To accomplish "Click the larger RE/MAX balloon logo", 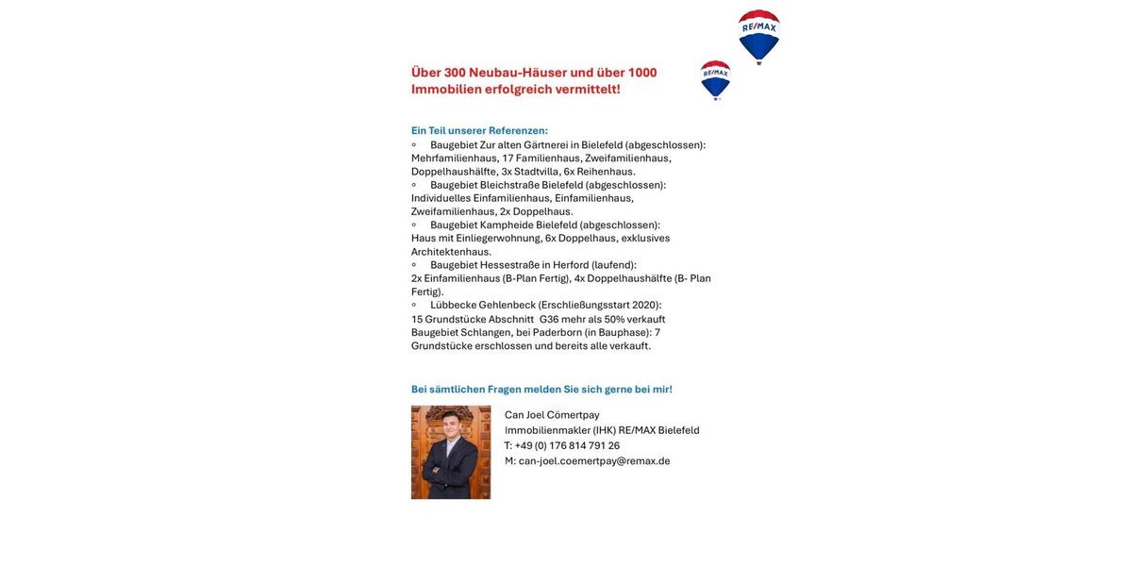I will [x=758, y=35].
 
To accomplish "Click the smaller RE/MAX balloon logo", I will [x=715, y=78].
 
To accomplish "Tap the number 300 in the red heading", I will [x=455, y=73].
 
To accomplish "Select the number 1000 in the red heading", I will [x=642, y=73].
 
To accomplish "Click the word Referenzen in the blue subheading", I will [x=517, y=131].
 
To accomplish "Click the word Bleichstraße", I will [x=509, y=185].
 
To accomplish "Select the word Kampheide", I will [x=507, y=225].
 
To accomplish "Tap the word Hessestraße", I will [x=509, y=265].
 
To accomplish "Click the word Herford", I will [x=571, y=265].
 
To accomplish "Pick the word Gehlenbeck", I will [x=507, y=306].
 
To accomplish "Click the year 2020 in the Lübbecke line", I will [x=645, y=306].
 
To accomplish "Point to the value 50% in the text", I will [x=614, y=320].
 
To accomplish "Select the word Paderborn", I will [x=557, y=333].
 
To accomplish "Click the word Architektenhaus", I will [x=451, y=252].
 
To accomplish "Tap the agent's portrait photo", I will [x=451, y=452].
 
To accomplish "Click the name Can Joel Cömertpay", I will [x=552, y=415].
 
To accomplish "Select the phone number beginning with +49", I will [x=567, y=446].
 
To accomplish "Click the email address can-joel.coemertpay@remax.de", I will [x=594, y=461].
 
